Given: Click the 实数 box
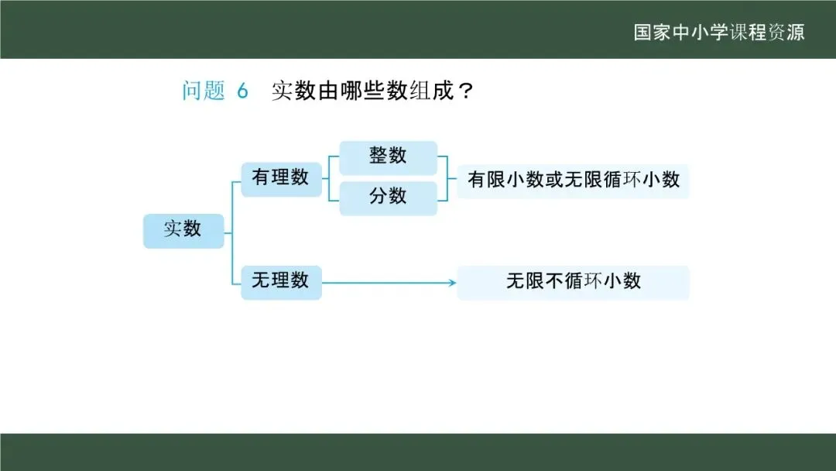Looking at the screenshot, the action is [183, 230].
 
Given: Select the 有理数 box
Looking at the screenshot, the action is [281, 178].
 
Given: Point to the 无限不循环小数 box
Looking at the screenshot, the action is [573, 282].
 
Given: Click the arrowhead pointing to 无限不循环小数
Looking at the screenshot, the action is [452, 283].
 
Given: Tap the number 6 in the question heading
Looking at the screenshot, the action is [242, 91].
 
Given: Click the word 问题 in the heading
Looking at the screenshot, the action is [203, 91].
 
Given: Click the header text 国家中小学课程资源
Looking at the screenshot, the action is [719, 33].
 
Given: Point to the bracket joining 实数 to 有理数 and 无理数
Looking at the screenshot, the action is [232, 231].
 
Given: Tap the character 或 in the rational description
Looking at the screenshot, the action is [555, 180].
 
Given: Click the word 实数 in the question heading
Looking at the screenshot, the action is [293, 91].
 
